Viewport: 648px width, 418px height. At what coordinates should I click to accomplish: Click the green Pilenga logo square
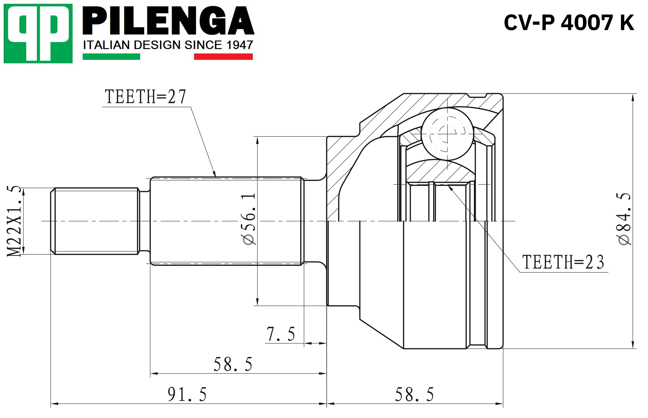38,33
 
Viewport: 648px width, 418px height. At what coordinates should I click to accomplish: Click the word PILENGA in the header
168,21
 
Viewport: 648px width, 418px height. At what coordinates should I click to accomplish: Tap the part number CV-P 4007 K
569,23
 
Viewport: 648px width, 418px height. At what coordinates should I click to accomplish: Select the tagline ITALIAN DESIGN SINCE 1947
168,45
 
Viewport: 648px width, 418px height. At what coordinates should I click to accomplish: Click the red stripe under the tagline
223,56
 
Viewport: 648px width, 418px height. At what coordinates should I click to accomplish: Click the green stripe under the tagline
111,56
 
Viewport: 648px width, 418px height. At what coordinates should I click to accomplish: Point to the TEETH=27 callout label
145,97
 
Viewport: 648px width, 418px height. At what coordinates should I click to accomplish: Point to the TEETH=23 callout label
563,262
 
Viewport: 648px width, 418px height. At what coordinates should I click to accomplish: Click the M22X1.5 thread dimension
14,221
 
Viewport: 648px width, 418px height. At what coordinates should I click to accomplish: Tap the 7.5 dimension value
281,334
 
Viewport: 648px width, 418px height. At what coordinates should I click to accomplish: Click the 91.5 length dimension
187,394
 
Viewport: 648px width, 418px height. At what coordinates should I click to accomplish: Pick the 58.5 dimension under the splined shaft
233,364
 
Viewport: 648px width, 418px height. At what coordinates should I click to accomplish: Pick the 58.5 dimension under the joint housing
414,394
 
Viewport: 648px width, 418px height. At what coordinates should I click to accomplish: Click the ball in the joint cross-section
447,134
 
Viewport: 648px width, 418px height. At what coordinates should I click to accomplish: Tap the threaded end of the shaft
95,221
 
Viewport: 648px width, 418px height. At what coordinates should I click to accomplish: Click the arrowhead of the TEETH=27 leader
214,174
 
